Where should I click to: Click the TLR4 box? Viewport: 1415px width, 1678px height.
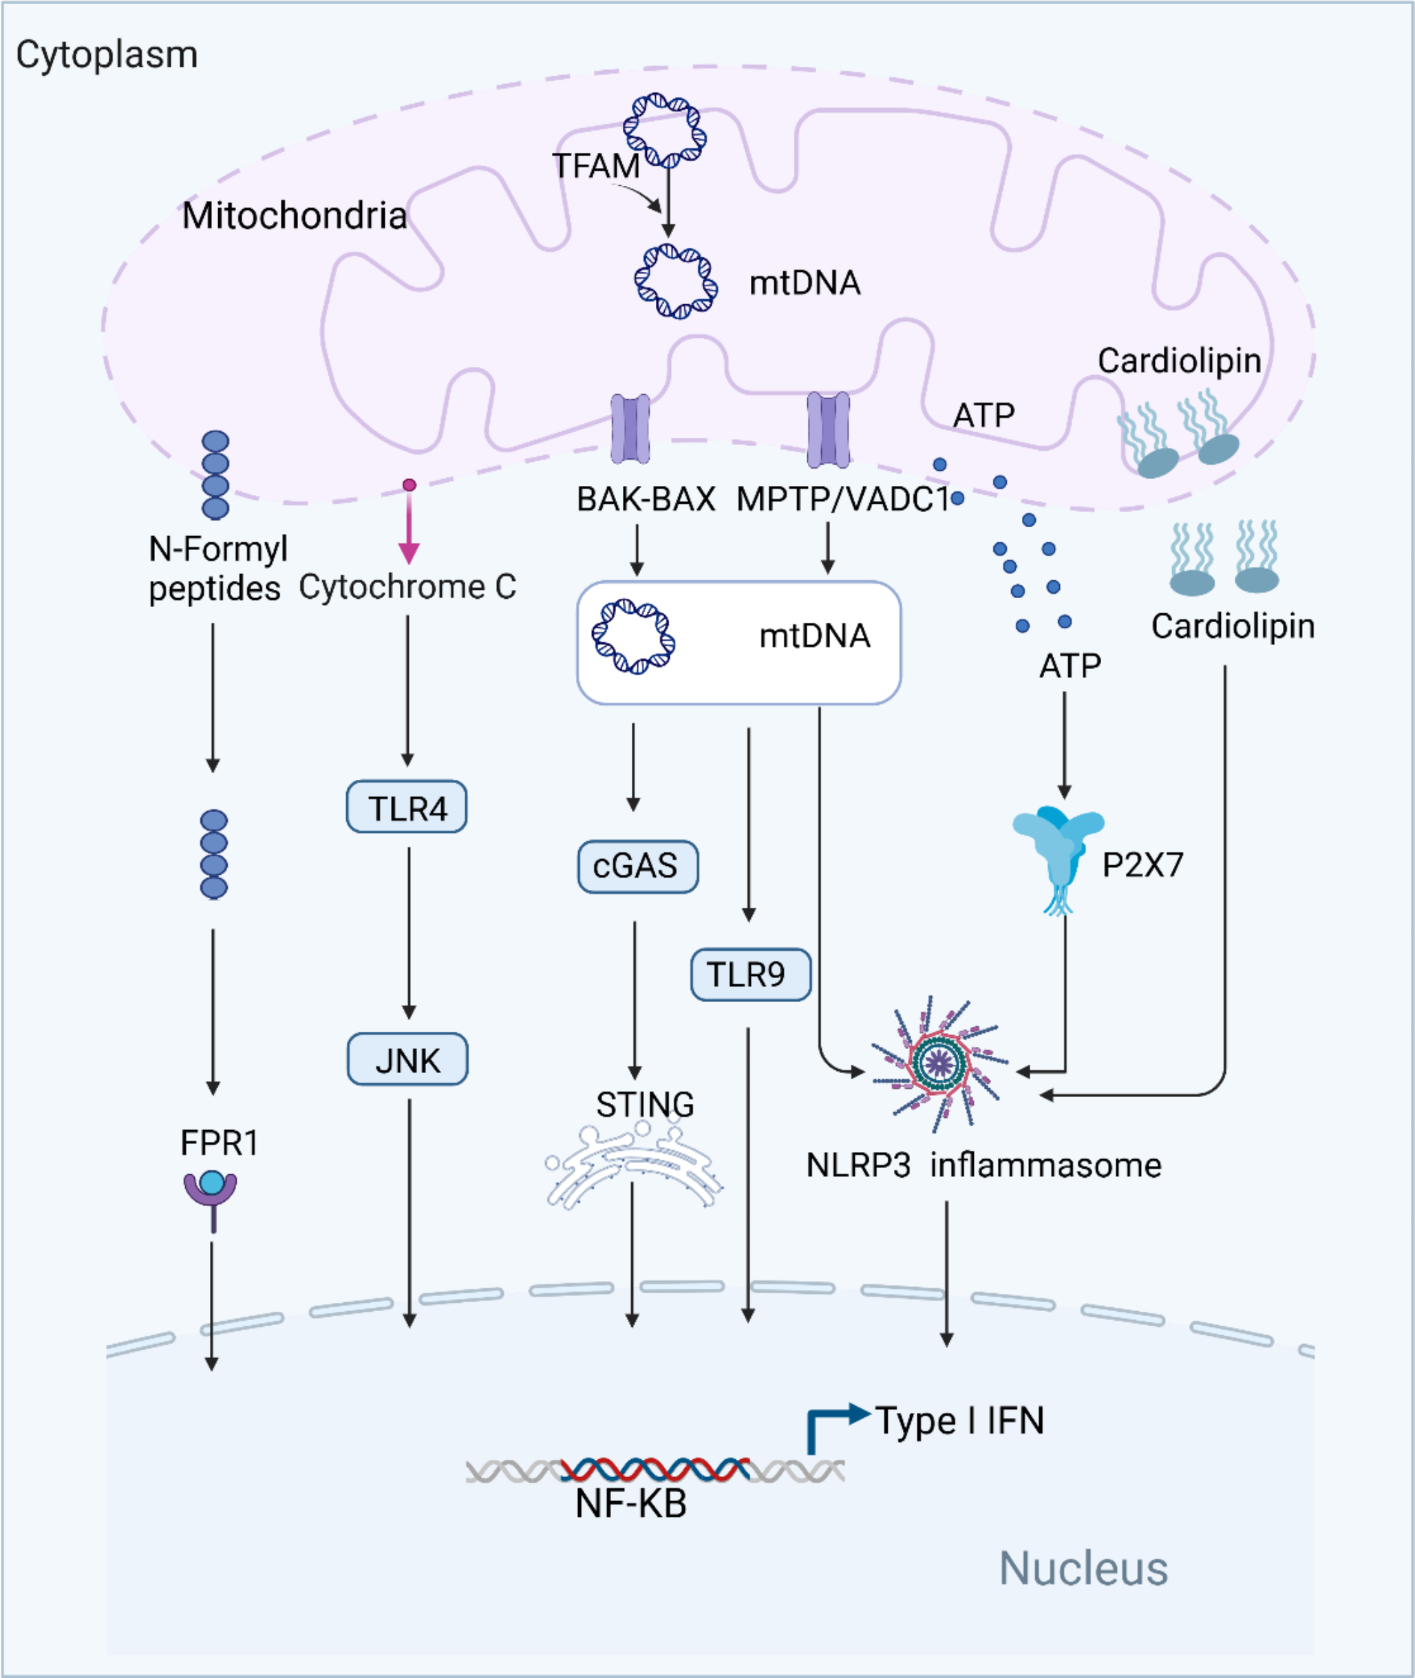coord(406,807)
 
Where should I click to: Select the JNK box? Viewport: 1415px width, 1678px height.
coord(407,1059)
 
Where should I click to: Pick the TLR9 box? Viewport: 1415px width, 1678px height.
coord(750,975)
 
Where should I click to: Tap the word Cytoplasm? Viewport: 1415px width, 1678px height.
coord(107,54)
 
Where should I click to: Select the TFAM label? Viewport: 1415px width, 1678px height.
coord(595,166)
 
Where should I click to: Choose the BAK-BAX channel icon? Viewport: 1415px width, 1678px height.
coord(630,429)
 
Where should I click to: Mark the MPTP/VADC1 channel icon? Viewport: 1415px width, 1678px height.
coord(828,429)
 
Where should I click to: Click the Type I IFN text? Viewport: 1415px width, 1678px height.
coord(959,1421)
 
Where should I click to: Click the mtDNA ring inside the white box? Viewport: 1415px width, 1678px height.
coord(634,637)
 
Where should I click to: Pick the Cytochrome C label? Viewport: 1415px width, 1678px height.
coord(407,587)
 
